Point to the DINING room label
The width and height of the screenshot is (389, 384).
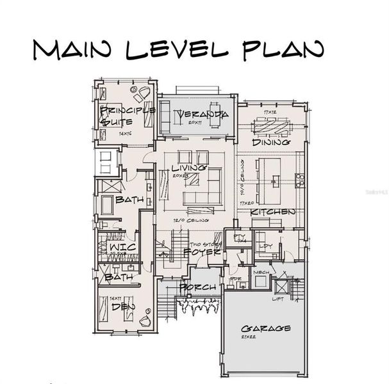(270, 142)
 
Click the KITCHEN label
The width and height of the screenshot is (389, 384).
(272, 211)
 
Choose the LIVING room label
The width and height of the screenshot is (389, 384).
(189, 168)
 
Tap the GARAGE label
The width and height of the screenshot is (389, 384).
(266, 328)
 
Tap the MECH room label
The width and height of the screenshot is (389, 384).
(260, 271)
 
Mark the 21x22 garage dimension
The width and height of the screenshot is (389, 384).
(249, 337)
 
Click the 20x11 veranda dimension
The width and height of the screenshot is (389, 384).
(196, 122)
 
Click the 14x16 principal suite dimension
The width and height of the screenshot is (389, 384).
(126, 134)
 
